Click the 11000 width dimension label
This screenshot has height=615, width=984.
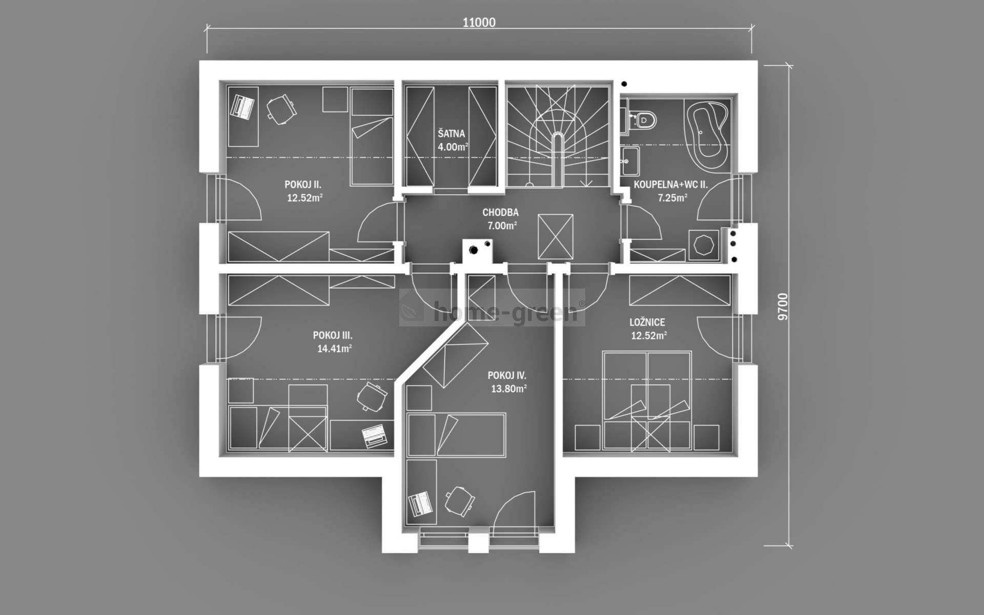(x=479, y=23)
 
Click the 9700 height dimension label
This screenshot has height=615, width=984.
(x=782, y=306)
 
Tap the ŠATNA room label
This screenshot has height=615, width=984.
(x=451, y=134)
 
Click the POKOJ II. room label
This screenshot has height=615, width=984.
(x=303, y=185)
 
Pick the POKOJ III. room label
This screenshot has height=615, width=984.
(x=333, y=336)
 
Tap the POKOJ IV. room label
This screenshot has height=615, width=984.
(x=507, y=376)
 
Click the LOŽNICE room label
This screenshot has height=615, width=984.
(x=647, y=322)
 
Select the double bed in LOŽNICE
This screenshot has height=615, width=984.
(x=647, y=400)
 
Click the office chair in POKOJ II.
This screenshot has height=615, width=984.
(x=280, y=110)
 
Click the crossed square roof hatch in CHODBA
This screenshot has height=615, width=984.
(x=555, y=237)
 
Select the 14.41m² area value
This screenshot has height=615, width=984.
(x=334, y=349)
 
